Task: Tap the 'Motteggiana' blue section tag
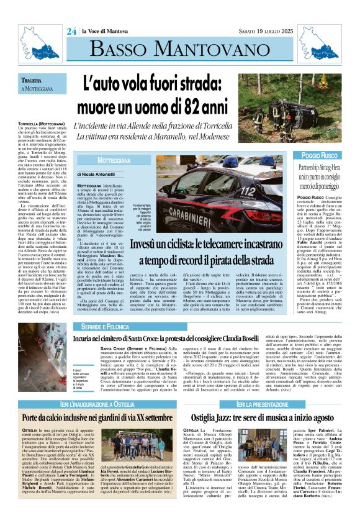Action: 102,160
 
